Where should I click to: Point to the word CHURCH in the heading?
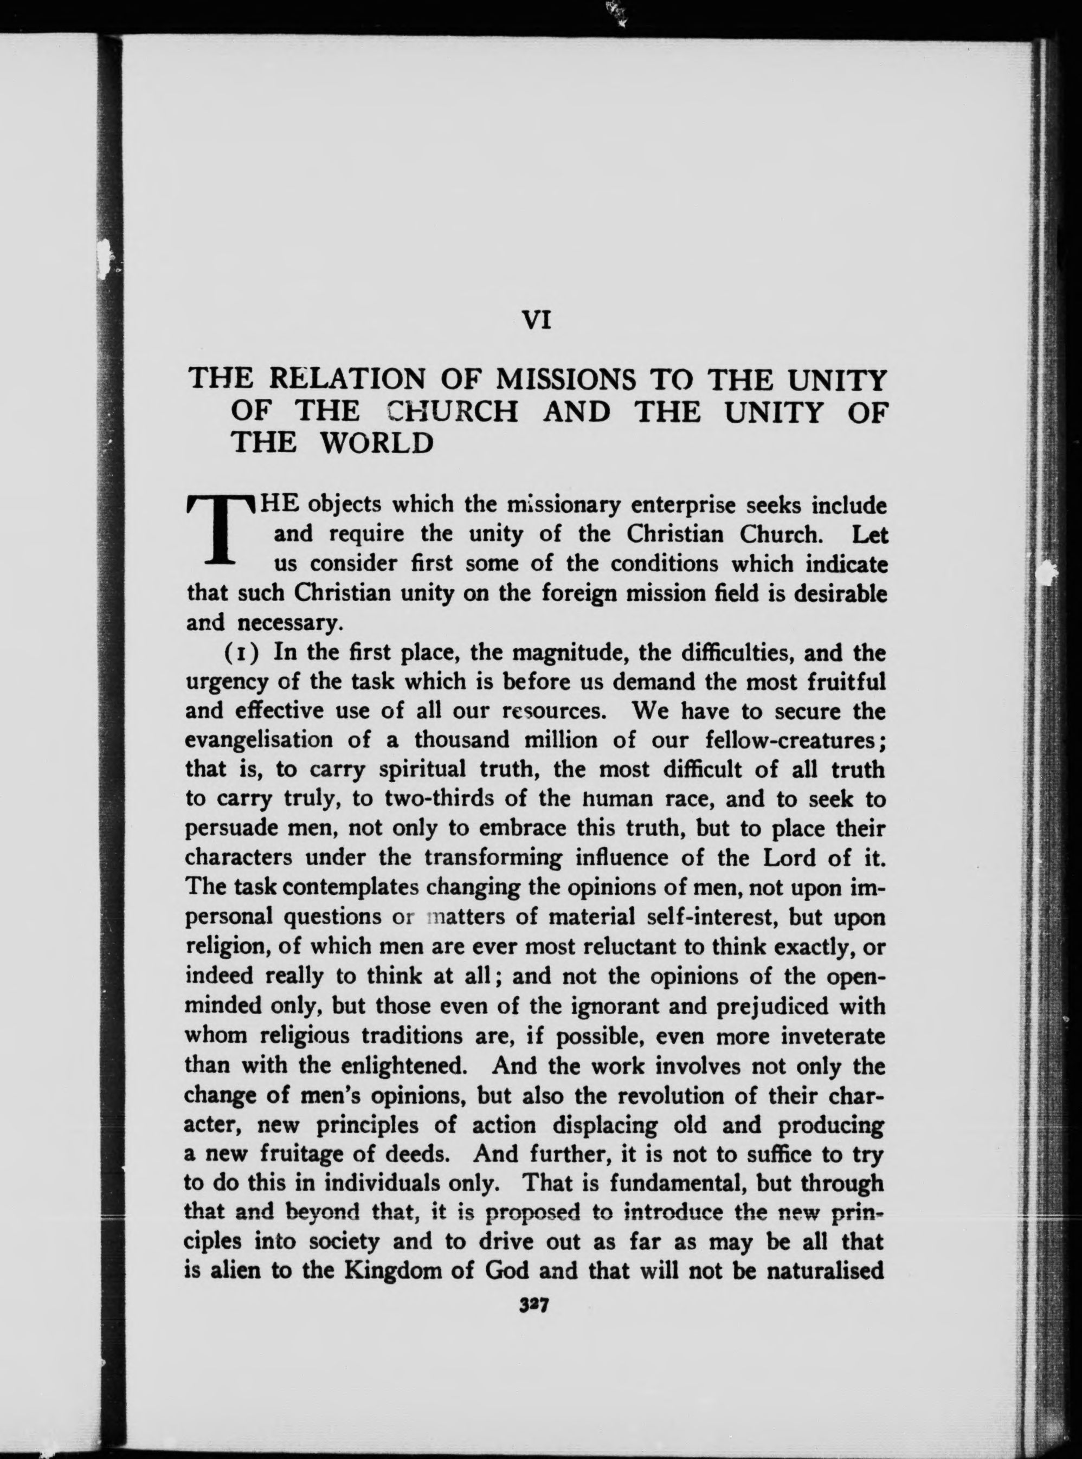pyautogui.click(x=453, y=411)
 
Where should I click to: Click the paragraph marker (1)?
pyautogui.click(x=245, y=653)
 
